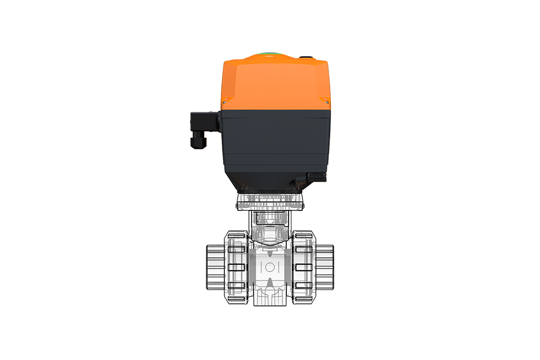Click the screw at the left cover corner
pyautogui.click(x=224, y=102)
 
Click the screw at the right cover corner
pyautogui.click(x=326, y=102)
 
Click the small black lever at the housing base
pyautogui.click(x=316, y=177)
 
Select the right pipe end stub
pyautogui.click(x=326, y=266)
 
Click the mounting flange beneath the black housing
pyautogui.click(x=270, y=201)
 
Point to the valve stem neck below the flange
pyautogui.click(x=270, y=222)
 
